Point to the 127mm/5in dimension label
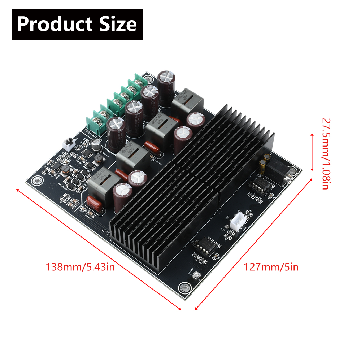tap(271, 268)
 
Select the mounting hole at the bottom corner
tap(184, 288)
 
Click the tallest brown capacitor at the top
tap(167, 88)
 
